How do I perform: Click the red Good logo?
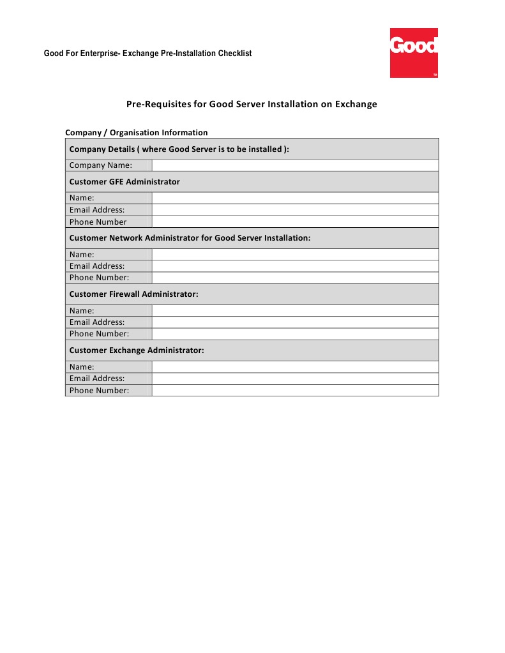click(414, 53)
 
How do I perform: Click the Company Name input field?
click(295, 165)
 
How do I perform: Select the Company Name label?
click(101, 165)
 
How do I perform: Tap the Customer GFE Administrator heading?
click(124, 182)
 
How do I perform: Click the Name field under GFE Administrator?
click(295, 198)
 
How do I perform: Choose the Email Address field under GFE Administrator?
click(295, 210)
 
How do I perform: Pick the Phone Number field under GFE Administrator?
click(295, 222)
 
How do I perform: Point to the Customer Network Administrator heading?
click(190, 238)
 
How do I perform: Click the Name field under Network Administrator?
click(295, 254)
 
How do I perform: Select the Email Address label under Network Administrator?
click(97, 266)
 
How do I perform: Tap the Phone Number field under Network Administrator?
click(295, 278)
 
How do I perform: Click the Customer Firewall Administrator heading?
click(133, 294)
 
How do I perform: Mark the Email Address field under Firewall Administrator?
click(295, 322)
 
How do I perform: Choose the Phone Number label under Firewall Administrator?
click(99, 334)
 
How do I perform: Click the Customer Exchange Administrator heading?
click(137, 350)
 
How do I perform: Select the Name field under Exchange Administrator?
click(295, 367)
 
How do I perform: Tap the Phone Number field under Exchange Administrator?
click(295, 391)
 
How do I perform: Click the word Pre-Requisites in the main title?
click(155, 104)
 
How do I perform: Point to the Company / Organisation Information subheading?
click(137, 133)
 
